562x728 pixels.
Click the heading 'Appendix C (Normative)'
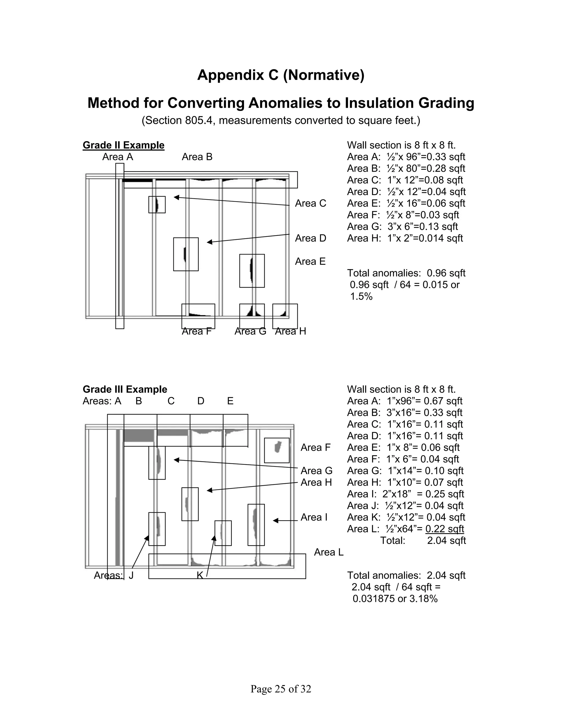[281, 75]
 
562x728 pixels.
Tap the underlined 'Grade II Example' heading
[123, 145]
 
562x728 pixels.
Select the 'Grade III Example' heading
[125, 389]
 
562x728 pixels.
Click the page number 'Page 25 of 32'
[281, 689]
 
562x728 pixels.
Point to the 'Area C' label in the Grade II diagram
[310, 203]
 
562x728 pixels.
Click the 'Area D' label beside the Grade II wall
[310, 238]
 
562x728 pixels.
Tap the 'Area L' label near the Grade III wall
[328, 552]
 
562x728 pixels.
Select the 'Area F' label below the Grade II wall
[196, 331]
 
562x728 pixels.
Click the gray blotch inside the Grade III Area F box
[278, 447]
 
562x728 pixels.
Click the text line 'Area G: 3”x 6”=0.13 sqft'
[402, 227]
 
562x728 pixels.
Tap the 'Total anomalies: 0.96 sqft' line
[406, 273]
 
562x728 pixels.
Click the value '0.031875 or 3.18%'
[395, 599]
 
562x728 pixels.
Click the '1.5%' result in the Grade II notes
[361, 296]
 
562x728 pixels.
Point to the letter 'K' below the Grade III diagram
[200, 575]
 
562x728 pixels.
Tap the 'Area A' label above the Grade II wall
[117, 157]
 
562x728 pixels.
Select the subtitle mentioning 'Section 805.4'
[281, 120]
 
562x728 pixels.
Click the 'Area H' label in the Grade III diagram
[316, 482]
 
